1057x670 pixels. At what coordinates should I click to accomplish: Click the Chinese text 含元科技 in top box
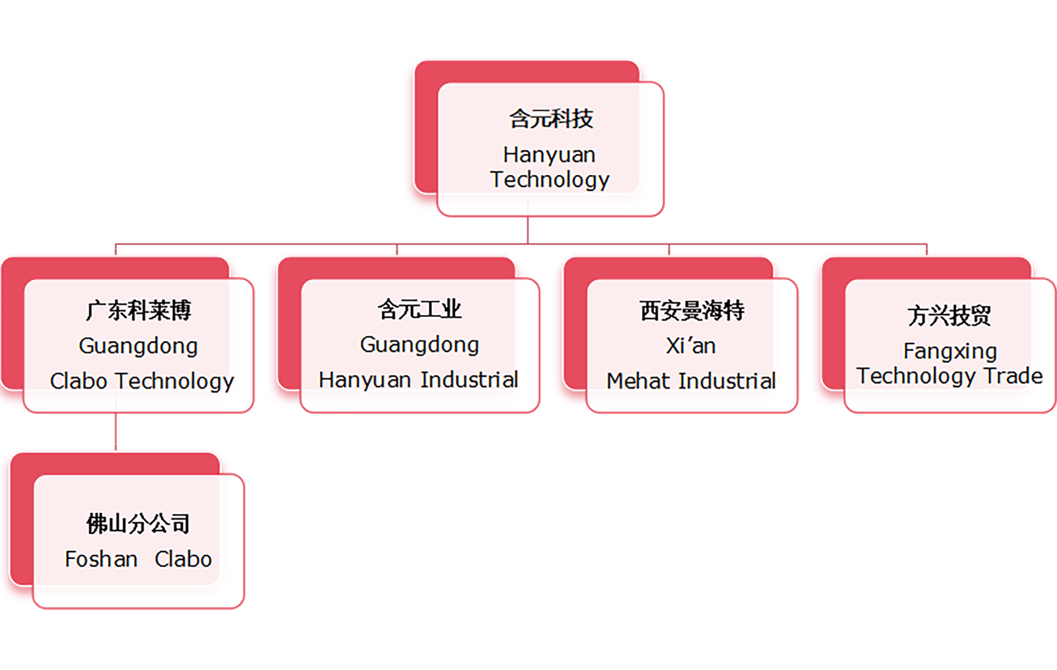551,119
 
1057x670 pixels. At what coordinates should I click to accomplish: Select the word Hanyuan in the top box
549,155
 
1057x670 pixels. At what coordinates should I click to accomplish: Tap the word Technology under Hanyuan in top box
550,180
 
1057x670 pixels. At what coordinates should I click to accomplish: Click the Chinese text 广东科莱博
138,310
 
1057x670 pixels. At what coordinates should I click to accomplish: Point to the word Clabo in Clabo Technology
79,381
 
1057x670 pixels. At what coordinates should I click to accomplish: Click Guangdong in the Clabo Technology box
138,346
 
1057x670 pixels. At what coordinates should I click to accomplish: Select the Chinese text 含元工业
419,309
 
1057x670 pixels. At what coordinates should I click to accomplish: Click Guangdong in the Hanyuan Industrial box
419,344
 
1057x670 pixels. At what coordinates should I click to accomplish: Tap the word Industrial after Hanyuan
469,380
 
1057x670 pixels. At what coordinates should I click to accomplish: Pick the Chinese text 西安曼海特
692,310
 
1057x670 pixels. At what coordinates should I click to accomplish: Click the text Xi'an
690,346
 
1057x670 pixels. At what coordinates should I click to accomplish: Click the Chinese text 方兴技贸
949,315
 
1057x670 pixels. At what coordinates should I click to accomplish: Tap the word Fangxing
950,351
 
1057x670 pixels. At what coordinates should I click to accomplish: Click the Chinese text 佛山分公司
138,523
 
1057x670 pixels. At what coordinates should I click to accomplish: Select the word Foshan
101,559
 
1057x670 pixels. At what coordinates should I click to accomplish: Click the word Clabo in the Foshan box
183,559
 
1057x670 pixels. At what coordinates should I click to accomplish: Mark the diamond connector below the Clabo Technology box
116,430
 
